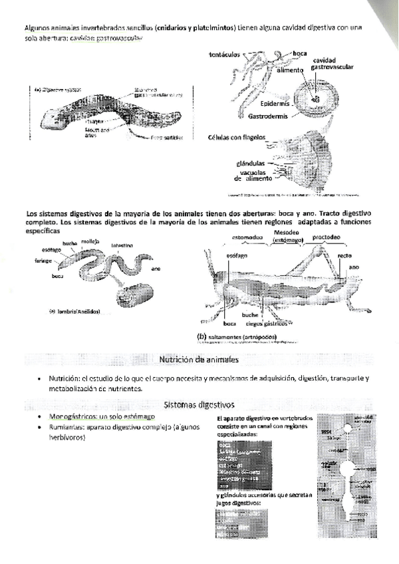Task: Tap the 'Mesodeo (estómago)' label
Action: click(x=289, y=236)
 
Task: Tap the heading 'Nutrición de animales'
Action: click(x=199, y=360)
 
